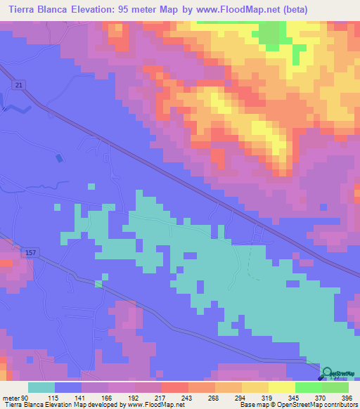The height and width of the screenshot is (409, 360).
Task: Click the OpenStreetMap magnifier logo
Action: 328,374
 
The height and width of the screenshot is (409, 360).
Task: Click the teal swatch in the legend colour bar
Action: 41,387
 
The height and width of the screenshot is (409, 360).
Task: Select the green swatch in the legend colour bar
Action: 308,387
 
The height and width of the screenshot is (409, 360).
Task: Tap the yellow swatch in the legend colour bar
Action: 281,387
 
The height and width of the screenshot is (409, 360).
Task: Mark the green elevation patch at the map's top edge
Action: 271,32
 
